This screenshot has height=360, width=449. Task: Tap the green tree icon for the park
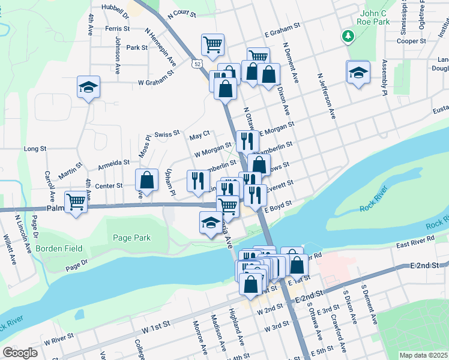click(348, 36)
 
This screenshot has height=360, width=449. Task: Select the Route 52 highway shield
click(197, 62)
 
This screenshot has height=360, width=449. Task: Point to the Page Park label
click(132, 238)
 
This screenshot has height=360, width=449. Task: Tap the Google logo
click(20, 352)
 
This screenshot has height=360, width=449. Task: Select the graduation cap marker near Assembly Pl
click(358, 73)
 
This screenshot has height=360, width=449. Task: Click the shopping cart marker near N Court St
click(212, 44)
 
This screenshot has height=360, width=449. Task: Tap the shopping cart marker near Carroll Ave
click(76, 201)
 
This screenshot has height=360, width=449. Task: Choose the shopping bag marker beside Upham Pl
click(147, 179)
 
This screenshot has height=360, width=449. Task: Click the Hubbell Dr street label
click(116, 9)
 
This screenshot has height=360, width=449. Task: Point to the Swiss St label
click(167, 134)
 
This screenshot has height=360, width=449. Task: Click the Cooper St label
click(411, 41)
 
